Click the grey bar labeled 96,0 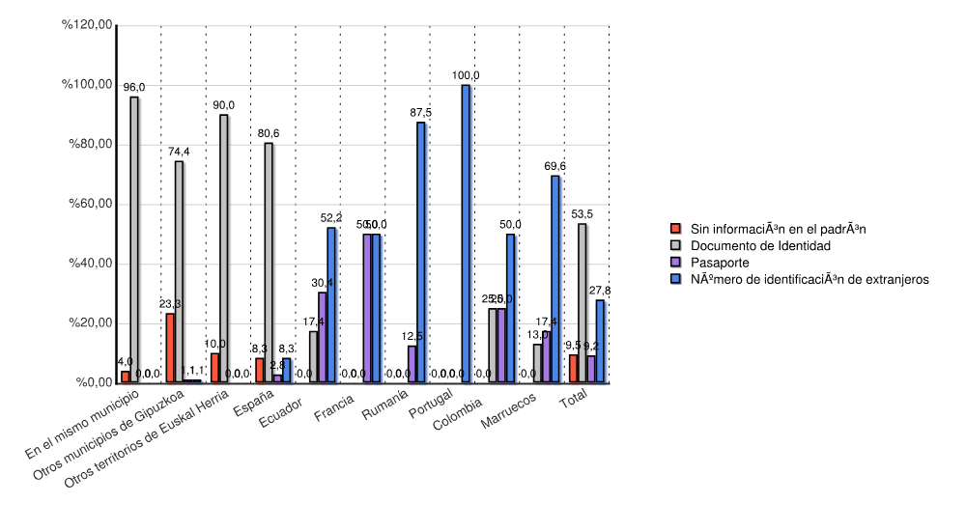(x=134, y=239)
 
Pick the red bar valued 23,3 (x=170, y=348)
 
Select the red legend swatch (x=677, y=230)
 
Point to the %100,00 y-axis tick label (x=88, y=85)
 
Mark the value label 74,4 (x=179, y=152)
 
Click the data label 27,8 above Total (x=600, y=291)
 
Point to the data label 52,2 (x=331, y=218)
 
